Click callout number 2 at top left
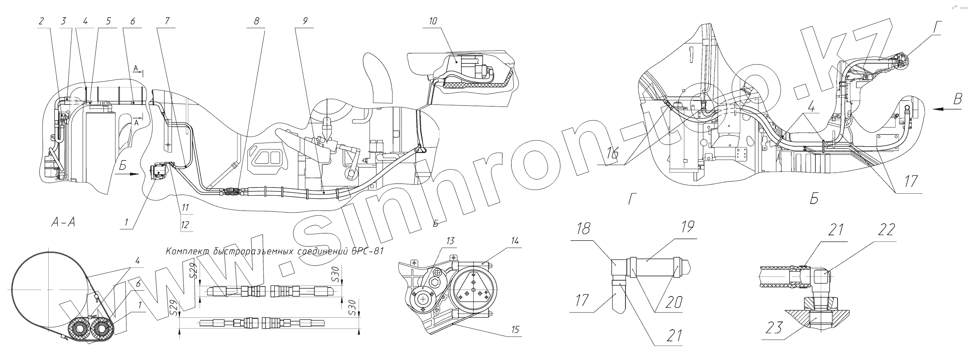pos(41,22)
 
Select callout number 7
pos(167,22)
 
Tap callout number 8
pos(256,22)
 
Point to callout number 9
pos(305,22)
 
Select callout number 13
pos(451,241)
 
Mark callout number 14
pos(514,241)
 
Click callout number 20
pos(674,302)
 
